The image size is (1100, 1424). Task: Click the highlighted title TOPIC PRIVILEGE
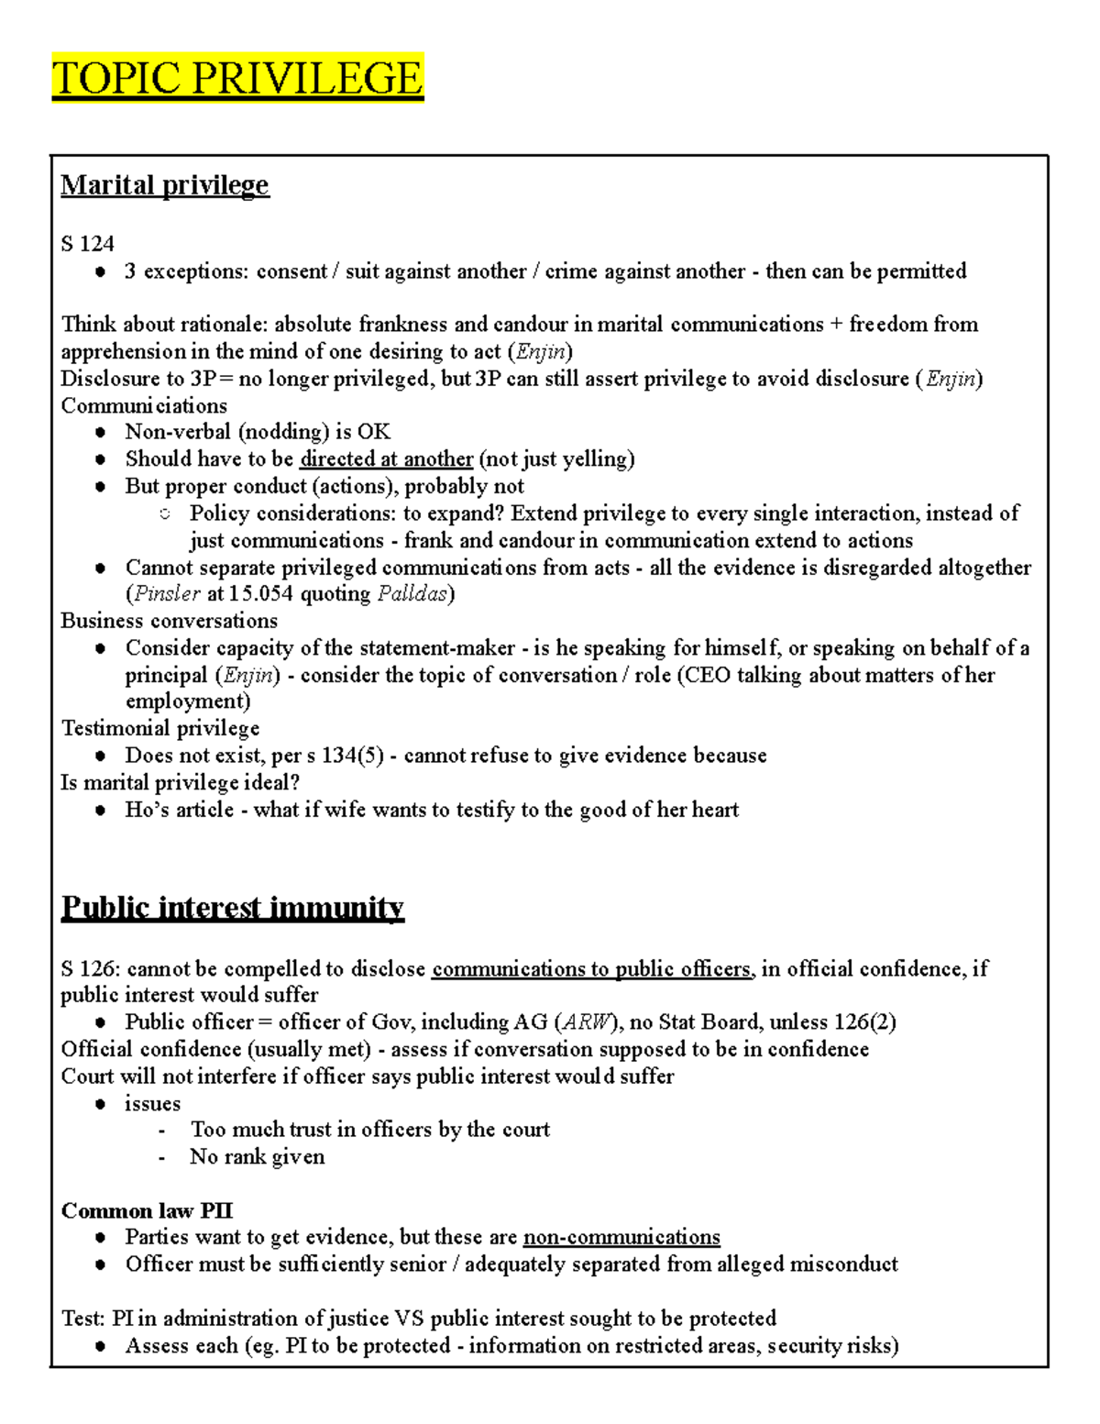pos(237,78)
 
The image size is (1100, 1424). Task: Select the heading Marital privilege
pos(165,185)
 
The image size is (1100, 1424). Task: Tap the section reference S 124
pos(87,244)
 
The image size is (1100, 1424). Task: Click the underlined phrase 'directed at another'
pos(386,459)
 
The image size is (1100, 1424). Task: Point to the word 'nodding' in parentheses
pos(284,432)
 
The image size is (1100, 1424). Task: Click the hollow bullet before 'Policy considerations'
pos(165,514)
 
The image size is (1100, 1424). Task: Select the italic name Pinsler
pos(167,594)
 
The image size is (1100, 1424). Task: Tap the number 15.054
pos(261,594)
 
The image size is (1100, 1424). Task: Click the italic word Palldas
pos(412,594)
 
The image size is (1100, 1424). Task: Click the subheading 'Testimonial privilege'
pos(160,729)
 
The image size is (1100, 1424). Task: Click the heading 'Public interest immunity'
pos(232,908)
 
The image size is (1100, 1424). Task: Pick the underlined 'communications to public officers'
pos(592,969)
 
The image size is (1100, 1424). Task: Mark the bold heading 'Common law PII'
pos(147,1211)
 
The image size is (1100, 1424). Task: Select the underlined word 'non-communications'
pos(621,1238)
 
